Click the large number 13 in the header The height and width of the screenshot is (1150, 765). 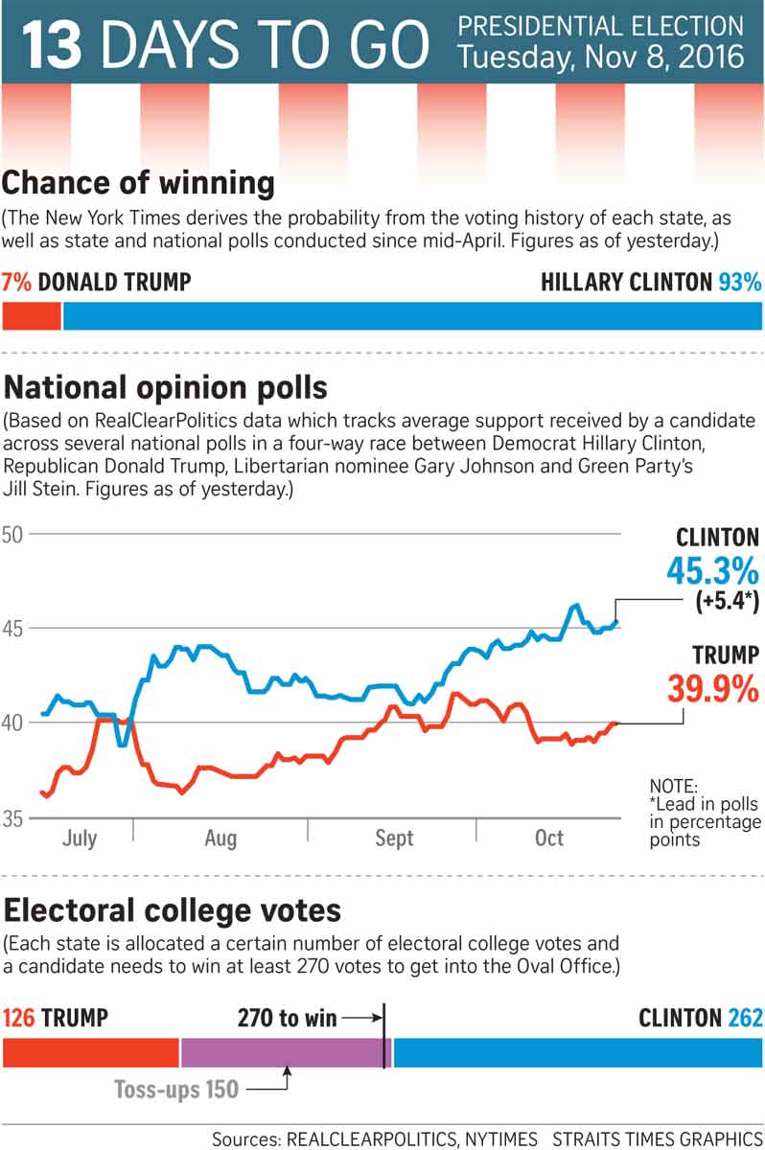tap(54, 45)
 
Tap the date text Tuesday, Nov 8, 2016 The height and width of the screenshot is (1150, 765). tap(600, 57)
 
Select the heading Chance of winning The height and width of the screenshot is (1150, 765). tap(140, 182)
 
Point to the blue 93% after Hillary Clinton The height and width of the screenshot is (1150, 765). tap(739, 282)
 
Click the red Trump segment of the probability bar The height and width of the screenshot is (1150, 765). tap(32, 316)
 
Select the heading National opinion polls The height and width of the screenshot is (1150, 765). tap(166, 388)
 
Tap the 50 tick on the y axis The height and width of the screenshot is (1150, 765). tap(14, 534)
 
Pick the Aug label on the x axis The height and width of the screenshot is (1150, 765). tap(220, 839)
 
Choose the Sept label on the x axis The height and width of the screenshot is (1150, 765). tap(394, 839)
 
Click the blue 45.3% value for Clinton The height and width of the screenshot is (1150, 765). tap(712, 572)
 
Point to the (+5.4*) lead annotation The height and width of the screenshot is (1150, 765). tap(720, 603)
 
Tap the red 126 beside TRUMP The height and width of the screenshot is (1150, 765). tap(20, 1017)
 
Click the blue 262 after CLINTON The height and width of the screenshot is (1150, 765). tap(744, 1017)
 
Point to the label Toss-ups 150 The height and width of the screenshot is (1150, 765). tap(176, 1090)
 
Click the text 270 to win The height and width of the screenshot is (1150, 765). tap(288, 1017)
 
